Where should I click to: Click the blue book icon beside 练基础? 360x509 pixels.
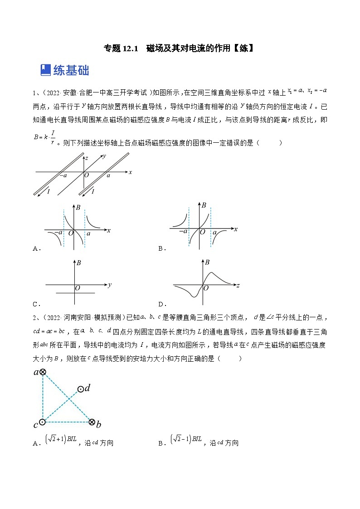45,70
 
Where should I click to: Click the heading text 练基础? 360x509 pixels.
71,70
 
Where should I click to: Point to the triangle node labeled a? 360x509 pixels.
42,372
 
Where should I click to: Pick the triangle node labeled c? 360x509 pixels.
42,422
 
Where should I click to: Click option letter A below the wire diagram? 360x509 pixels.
36,248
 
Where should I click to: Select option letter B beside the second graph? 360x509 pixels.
161,248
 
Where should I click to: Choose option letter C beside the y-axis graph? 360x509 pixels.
36,304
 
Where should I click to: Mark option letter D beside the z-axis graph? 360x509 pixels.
161,304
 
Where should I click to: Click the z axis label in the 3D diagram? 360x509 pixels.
86,158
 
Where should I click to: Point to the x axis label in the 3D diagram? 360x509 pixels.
130,172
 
